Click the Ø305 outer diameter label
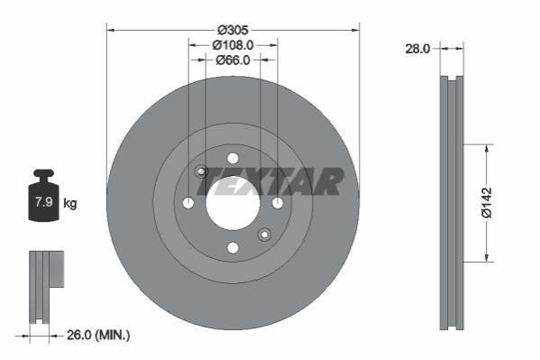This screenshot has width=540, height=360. (x=233, y=30)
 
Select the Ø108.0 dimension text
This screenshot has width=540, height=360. (x=233, y=45)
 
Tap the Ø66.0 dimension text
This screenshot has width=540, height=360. (x=233, y=60)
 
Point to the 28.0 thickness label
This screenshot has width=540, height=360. (x=417, y=49)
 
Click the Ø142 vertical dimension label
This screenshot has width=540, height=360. (x=487, y=203)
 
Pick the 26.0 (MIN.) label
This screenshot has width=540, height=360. (x=98, y=335)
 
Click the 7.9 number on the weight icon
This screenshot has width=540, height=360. (x=44, y=202)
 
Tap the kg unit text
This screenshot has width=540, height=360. (x=70, y=203)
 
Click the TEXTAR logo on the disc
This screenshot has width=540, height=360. (x=270, y=181)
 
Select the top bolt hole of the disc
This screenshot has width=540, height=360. (x=233, y=159)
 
